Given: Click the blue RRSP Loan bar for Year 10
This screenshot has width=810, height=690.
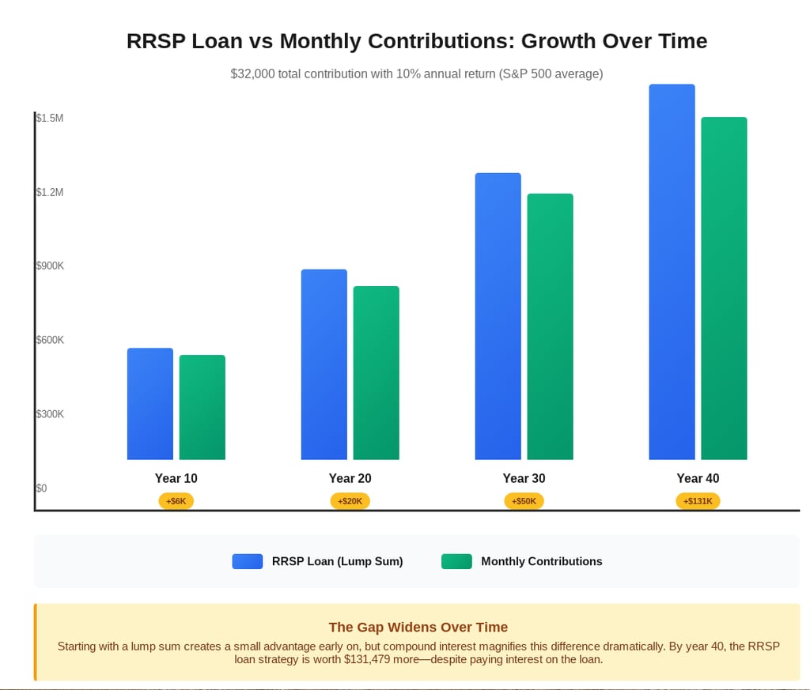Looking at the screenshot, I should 150,404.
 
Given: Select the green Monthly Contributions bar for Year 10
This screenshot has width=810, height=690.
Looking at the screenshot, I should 202,407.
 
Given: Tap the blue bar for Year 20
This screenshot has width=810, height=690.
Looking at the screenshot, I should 324,364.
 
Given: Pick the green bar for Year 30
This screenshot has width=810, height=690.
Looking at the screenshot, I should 550,326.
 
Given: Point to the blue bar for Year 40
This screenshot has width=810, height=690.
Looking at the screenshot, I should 672,272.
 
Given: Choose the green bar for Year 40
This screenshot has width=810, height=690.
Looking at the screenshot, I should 724,288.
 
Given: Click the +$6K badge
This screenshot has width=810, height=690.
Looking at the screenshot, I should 176,501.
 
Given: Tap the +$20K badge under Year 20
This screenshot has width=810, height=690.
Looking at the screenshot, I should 350,501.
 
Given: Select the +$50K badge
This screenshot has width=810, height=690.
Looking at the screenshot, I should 524,501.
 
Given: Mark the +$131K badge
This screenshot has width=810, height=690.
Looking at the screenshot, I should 698,501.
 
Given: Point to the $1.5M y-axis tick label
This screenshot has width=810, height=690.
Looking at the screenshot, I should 50,119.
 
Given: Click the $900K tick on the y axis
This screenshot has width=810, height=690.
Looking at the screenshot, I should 50,266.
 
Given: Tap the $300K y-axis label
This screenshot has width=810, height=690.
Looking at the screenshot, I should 50,414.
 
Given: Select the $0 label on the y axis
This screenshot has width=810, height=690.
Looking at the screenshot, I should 42,488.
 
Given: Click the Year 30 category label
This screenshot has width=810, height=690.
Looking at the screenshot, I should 524,478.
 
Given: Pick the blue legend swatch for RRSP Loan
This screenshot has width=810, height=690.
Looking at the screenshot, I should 247,561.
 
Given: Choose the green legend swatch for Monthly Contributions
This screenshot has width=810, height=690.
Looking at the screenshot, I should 456,561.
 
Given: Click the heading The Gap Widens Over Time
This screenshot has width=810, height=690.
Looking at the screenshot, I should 418,628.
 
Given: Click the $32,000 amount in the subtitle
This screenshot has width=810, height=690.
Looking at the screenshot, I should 252,74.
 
